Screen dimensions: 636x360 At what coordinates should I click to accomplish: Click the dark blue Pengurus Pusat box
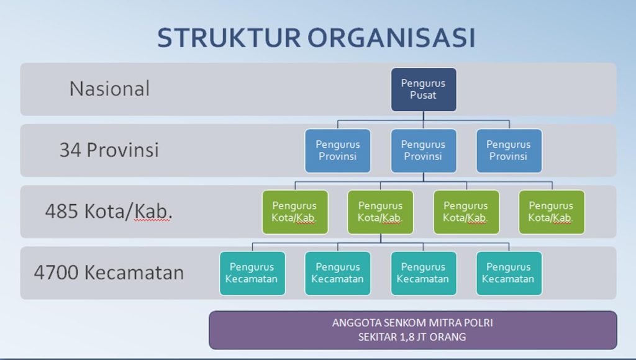click(x=424, y=89)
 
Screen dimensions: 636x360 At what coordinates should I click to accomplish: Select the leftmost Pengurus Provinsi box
click(x=338, y=151)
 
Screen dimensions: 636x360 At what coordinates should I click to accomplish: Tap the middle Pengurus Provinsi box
click(x=424, y=151)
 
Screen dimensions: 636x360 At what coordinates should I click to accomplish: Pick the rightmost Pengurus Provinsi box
click(x=509, y=151)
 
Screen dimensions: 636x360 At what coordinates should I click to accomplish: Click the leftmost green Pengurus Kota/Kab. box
click(x=295, y=212)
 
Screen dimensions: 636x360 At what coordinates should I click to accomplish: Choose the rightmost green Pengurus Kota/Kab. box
click(x=552, y=212)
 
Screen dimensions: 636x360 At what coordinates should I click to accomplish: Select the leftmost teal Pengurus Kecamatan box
click(x=252, y=273)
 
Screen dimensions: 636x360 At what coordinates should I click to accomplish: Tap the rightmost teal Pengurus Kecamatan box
click(x=509, y=273)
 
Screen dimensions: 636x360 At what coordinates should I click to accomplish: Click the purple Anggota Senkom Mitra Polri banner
click(x=413, y=330)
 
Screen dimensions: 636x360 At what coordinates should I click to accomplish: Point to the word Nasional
click(x=109, y=89)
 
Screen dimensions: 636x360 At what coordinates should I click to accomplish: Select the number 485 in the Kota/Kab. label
click(x=61, y=211)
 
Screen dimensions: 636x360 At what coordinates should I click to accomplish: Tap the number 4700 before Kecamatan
click(x=56, y=272)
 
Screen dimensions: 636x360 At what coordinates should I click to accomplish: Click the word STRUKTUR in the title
click(x=229, y=38)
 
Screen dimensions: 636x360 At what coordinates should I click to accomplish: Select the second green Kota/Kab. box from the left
click(x=381, y=212)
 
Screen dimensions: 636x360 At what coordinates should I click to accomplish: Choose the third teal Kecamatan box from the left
click(x=424, y=273)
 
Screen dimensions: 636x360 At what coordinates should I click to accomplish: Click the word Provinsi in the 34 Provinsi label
click(x=122, y=150)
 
